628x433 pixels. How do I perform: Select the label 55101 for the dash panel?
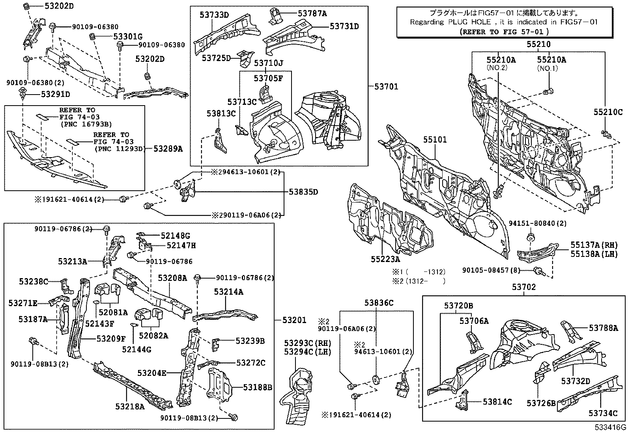(x=435, y=140)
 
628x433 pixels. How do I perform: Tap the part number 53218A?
(x=130, y=406)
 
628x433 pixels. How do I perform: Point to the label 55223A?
(x=385, y=259)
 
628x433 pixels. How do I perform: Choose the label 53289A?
(x=168, y=149)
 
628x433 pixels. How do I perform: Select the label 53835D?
(x=303, y=192)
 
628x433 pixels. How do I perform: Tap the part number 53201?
(x=294, y=320)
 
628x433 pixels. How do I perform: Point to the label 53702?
(x=524, y=287)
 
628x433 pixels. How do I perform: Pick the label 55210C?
(x=607, y=112)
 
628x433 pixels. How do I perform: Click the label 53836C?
(x=379, y=303)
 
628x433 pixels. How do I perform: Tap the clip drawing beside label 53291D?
(x=22, y=94)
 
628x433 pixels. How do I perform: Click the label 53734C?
(x=603, y=413)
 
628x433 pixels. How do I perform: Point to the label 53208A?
(x=173, y=278)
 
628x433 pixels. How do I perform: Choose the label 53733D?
(x=214, y=15)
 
